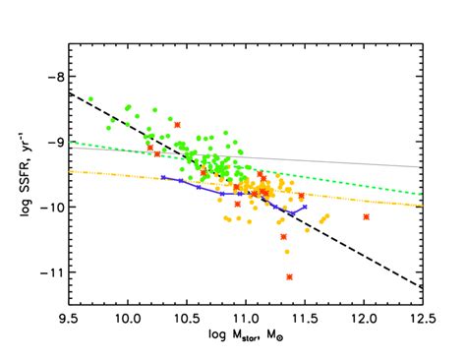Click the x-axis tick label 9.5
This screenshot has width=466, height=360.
click(68, 320)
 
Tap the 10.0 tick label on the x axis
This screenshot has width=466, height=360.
click(127, 320)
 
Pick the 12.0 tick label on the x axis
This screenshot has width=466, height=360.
click(365, 320)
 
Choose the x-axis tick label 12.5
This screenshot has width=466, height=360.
click(423, 320)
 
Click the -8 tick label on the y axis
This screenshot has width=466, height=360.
click(53, 77)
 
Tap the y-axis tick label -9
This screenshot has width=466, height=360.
click(53, 142)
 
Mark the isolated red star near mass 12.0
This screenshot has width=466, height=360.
click(366, 216)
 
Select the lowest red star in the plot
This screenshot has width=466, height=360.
click(290, 277)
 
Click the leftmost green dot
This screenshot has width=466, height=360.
click(90, 99)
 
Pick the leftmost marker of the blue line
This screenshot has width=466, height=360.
click(163, 178)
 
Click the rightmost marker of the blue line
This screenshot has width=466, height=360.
click(305, 208)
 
